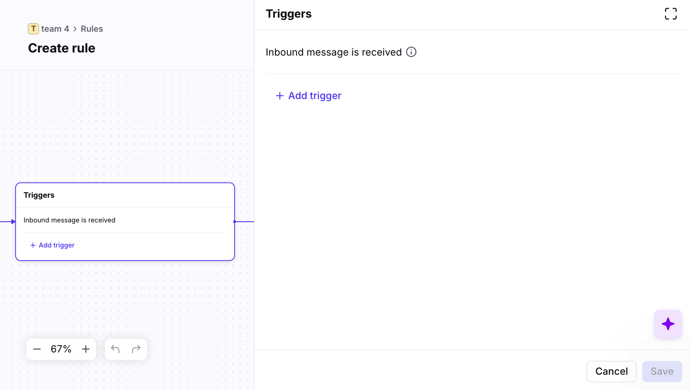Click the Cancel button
(x=611, y=371)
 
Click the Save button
(x=662, y=371)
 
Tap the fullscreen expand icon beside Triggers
(x=670, y=14)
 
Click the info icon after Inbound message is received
(x=411, y=52)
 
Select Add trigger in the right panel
(x=309, y=96)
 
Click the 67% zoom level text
(x=61, y=349)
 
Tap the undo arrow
(x=115, y=349)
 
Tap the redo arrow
(x=136, y=349)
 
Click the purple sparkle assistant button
(x=668, y=324)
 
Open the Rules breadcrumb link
(x=92, y=29)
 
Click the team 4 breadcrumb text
(x=55, y=29)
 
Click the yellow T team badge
(x=33, y=29)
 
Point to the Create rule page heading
(x=62, y=48)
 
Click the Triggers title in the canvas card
(x=39, y=195)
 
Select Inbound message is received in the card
(x=70, y=220)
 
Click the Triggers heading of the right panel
(x=289, y=14)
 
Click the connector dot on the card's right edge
(x=234, y=222)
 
